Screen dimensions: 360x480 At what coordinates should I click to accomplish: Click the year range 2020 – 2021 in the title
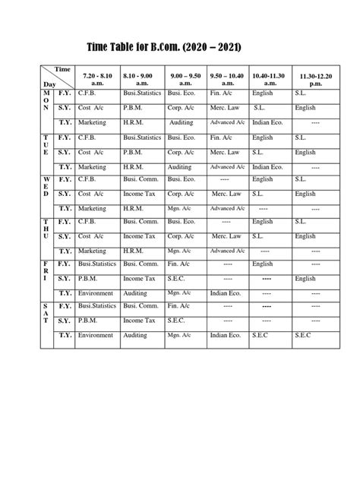[x=213, y=48]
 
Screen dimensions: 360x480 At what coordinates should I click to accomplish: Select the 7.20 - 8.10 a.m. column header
[x=95, y=78]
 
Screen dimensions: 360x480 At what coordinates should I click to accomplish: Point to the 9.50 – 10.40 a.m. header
[x=227, y=78]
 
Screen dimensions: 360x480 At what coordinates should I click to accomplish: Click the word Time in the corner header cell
[x=63, y=70]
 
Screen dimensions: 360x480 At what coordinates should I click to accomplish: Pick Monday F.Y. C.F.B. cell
[x=87, y=93]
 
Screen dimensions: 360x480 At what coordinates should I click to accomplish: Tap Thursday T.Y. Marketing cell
[x=92, y=251]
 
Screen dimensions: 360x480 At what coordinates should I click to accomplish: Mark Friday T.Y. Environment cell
[x=95, y=292]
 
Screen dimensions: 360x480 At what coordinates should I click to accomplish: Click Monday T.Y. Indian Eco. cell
[x=267, y=122]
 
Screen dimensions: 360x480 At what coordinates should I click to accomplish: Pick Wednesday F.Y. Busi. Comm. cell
[x=141, y=180]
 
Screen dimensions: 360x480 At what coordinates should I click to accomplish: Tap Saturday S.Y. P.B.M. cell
[x=89, y=321]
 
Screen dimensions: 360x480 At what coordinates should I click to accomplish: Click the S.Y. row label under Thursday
[x=64, y=236]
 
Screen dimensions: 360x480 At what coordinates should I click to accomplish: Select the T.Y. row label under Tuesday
[x=64, y=166]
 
